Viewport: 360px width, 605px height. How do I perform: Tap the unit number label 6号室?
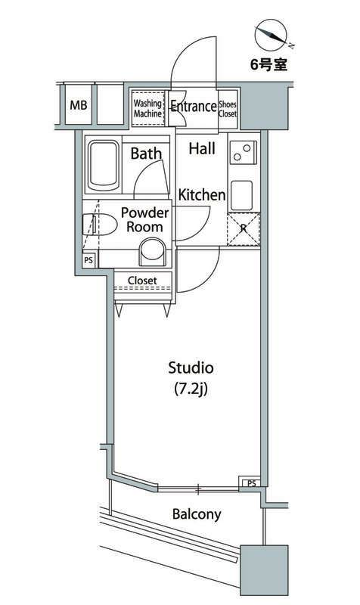pos(269,64)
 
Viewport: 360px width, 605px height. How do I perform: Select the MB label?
pos(79,105)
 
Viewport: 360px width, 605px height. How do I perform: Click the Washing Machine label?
pos(147,108)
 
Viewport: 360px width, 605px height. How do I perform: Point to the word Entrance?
pos(194,106)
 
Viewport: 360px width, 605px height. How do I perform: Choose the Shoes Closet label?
pos(228,109)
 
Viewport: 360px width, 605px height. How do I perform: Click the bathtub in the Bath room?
pos(103,166)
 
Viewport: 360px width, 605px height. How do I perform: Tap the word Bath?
pos(146,154)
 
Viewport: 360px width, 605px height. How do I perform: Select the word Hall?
pos(202,148)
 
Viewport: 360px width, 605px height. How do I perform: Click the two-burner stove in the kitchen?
pos(244,152)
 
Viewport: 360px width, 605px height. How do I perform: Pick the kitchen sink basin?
pos(241,196)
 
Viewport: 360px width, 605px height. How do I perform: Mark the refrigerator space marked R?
pos(244,229)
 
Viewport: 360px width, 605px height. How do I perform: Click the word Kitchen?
pos(202,195)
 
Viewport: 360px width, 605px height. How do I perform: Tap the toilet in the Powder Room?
pos(100,225)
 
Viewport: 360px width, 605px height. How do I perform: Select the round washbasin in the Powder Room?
pos(152,252)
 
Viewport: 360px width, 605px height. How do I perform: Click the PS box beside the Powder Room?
pos(88,260)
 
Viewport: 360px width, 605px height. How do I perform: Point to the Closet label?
pos(142,281)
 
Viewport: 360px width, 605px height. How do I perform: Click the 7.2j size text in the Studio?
pos(191,389)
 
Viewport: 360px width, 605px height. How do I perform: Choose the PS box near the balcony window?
pos(252,482)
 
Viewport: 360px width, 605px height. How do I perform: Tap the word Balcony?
pos(197,515)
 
